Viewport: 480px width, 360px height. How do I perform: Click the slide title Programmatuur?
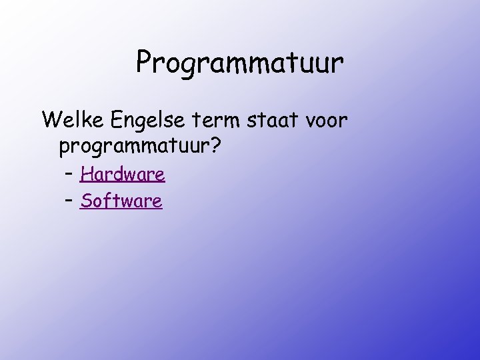pos(240,63)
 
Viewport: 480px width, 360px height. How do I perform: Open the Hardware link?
pos(122,175)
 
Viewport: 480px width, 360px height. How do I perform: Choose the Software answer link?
pos(121,201)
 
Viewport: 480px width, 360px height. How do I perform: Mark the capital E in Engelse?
pos(109,120)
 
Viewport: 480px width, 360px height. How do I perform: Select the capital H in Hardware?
pos(85,175)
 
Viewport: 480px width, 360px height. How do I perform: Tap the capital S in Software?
pos(85,201)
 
